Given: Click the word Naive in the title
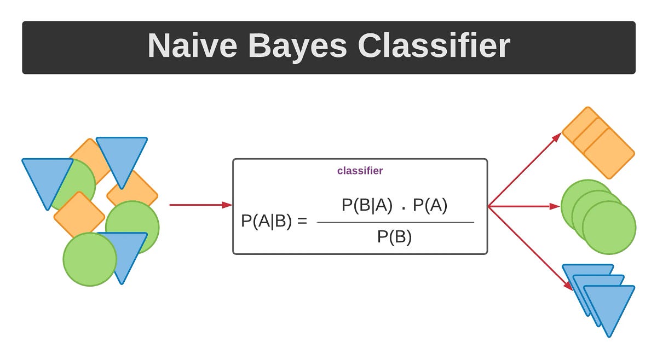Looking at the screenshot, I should (192, 46).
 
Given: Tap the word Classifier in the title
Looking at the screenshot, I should (434, 46).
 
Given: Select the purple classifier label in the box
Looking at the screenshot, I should (360, 171).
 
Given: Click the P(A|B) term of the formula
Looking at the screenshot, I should (266, 222).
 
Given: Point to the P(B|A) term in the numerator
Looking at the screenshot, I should (367, 205).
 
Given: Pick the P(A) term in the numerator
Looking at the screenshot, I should (430, 205).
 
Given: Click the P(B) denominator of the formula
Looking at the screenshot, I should (394, 237).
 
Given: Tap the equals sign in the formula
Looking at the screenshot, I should (301, 222).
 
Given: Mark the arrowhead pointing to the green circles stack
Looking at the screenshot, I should (555, 206).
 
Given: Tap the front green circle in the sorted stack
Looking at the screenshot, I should (609, 228).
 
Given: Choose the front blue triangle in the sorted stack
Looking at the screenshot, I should (609, 304).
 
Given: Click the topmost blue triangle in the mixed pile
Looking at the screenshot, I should (122, 156).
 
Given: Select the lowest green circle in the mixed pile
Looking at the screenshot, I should (90, 259).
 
